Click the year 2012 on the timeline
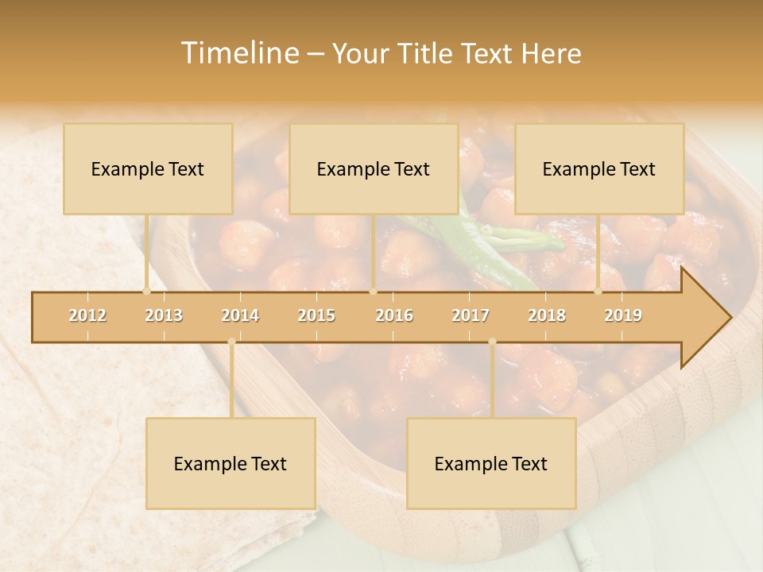coord(87,315)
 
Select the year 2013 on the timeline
coord(164,315)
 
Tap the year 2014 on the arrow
coord(240,315)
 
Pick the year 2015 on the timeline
coord(316,315)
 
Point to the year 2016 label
coord(394,315)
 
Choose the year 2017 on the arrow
coord(471,315)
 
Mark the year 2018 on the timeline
coord(547,315)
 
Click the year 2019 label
coord(623,315)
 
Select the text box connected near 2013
coord(148,168)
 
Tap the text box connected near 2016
coord(374,168)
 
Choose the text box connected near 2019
coord(599,168)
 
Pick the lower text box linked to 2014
coord(230,463)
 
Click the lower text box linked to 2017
coord(491,463)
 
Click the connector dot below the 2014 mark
coord(231,342)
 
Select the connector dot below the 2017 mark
coord(492,342)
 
